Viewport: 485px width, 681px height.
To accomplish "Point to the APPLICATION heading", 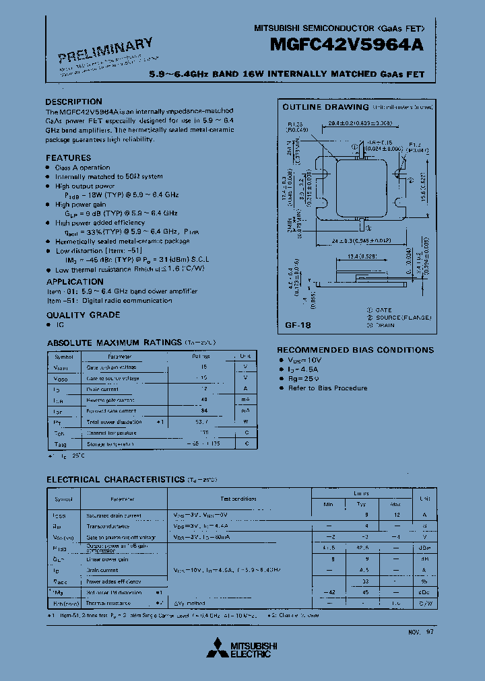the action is tap(75, 282).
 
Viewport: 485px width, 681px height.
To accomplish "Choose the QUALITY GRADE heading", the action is tap(83, 315).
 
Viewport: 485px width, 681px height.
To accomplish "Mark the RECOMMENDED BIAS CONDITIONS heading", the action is tap(356, 350).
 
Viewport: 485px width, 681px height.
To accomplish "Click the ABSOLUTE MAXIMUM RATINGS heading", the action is tap(115, 343).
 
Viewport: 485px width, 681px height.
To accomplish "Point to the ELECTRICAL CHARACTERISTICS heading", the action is tap(115, 479).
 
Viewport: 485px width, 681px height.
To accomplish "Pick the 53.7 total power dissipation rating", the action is tap(201, 422).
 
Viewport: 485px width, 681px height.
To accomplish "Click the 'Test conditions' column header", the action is tap(238, 499).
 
